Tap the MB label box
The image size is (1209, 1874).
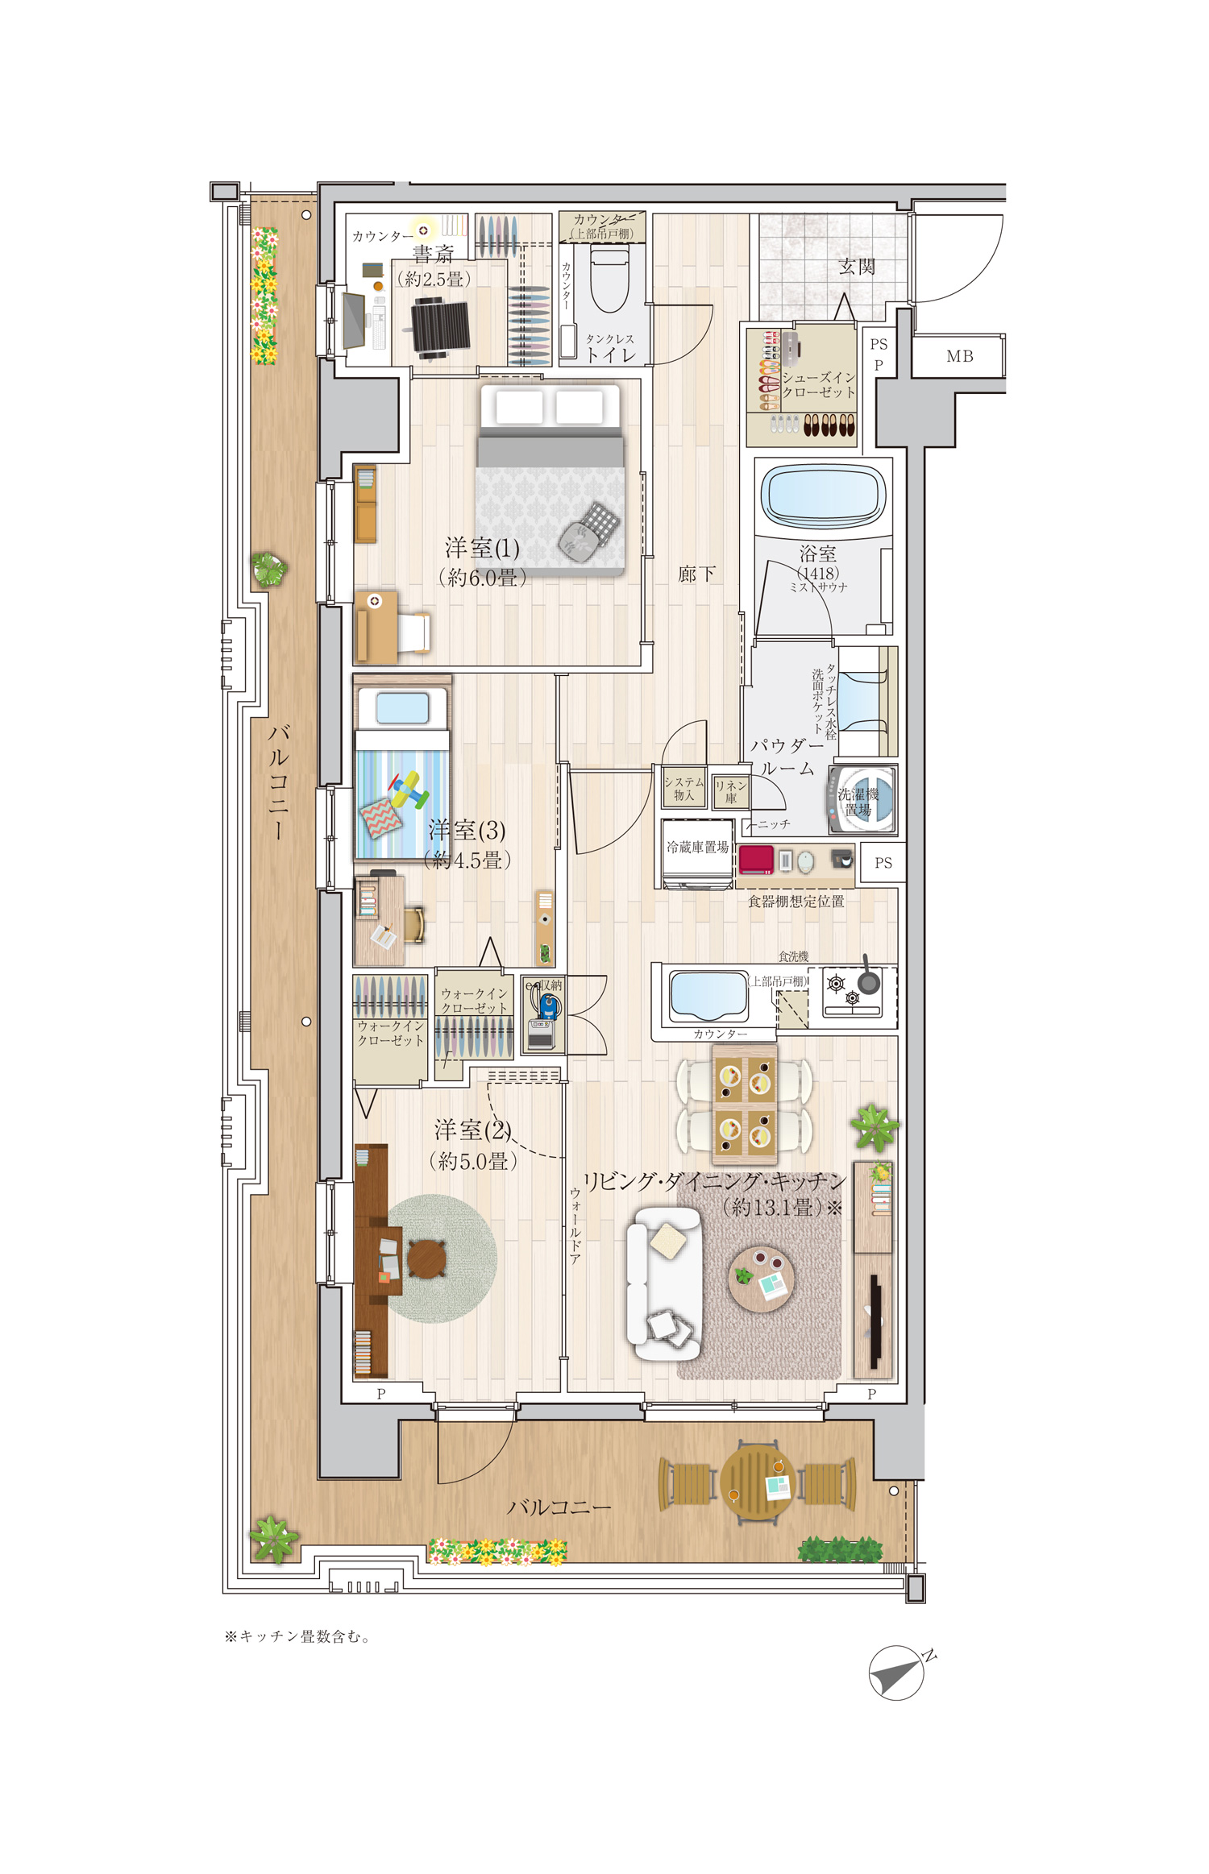click(959, 356)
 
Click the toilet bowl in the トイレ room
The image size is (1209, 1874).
click(609, 280)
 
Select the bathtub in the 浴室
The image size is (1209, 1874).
click(823, 495)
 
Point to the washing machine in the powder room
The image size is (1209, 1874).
click(862, 800)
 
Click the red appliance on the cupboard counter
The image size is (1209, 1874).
click(756, 860)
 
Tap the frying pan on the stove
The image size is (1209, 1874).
click(868, 978)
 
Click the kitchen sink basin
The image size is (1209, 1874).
click(708, 996)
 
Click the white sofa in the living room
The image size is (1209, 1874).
click(664, 1284)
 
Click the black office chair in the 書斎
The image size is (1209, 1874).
click(440, 325)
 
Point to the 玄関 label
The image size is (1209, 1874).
click(856, 266)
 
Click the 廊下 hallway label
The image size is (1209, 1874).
click(696, 574)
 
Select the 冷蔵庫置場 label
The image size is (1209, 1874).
click(697, 848)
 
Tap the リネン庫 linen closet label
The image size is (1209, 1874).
click(731, 791)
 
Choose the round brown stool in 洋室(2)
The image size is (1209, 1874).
click(426, 1258)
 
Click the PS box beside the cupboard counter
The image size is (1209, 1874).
click(883, 863)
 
